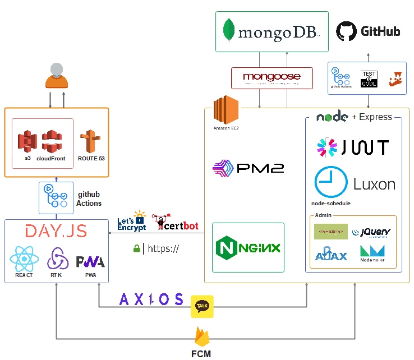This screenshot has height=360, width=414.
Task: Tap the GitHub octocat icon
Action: pos(346,31)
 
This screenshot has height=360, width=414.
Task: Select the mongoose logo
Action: pos(272,77)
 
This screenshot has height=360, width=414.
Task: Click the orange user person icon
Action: pos(56,76)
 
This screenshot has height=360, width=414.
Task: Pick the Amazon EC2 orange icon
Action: pos(226,109)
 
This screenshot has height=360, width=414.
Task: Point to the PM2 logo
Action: pos(249,168)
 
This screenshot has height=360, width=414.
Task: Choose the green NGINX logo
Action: pos(249,247)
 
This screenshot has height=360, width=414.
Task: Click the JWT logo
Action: pos(352,147)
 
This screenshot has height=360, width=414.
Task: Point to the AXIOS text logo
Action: pos(151,299)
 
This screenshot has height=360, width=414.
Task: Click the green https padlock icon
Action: pos(136,248)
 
